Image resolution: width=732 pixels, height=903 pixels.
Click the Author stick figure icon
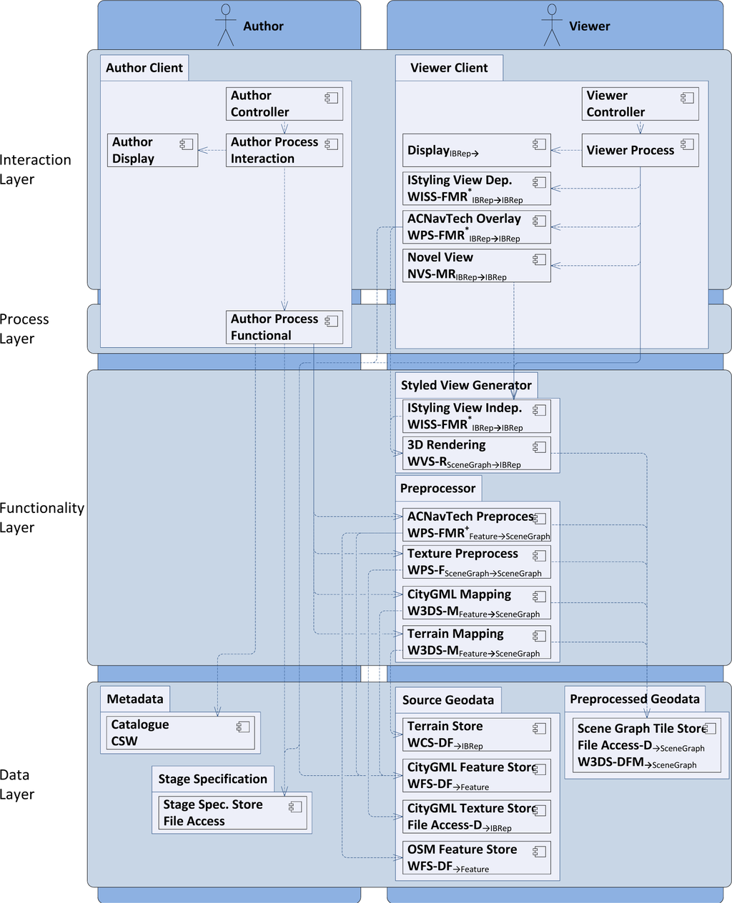(226, 25)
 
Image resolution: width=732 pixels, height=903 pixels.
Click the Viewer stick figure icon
(552, 25)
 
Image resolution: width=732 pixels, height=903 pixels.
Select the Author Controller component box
(285, 104)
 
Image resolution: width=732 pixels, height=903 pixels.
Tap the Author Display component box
(152, 150)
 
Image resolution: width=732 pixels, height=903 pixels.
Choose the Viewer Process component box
(640, 151)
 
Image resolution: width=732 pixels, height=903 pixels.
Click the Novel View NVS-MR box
(476, 266)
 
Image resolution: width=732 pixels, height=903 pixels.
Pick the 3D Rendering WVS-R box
(476, 454)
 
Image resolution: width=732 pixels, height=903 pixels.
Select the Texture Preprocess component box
(476, 562)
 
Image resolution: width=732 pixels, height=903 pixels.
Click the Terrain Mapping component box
(476, 642)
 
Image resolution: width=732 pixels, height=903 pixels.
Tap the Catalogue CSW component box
(179, 733)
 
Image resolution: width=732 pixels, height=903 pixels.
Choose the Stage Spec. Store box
(232, 813)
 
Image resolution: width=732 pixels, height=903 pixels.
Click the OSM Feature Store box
(476, 858)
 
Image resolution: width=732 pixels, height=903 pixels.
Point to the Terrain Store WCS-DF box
(476, 734)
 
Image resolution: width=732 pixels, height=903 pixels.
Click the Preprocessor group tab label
(437, 489)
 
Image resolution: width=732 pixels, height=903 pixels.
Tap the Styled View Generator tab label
(466, 386)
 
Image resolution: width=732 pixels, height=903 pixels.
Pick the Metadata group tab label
(135, 699)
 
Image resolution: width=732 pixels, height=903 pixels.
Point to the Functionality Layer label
(41, 518)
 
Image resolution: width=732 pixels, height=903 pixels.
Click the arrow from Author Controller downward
(285, 128)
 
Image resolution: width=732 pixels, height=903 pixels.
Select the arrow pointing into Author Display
(203, 150)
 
